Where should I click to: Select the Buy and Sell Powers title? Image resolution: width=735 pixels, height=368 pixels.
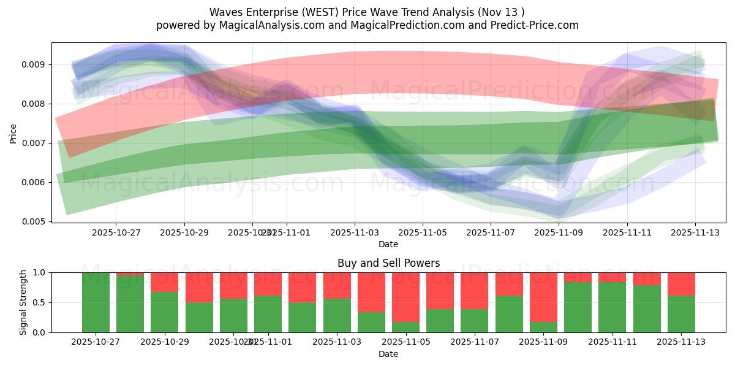pos(388,263)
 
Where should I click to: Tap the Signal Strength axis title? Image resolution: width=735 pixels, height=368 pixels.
pos(23,302)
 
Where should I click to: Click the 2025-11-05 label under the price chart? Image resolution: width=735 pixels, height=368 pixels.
pos(423,233)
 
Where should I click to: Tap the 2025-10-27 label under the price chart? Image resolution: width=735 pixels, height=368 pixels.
pos(116,233)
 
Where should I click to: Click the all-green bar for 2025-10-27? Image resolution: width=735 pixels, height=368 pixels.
pos(96,302)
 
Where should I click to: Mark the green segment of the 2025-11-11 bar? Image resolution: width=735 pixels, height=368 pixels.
pos(611,307)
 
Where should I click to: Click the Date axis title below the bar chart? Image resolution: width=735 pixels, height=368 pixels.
pos(388,354)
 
